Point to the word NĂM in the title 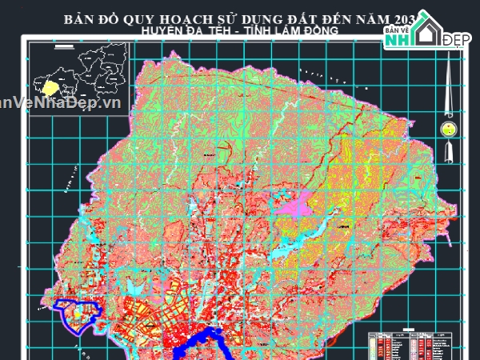[x=369, y=18]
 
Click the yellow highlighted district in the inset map [x=52, y=84]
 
